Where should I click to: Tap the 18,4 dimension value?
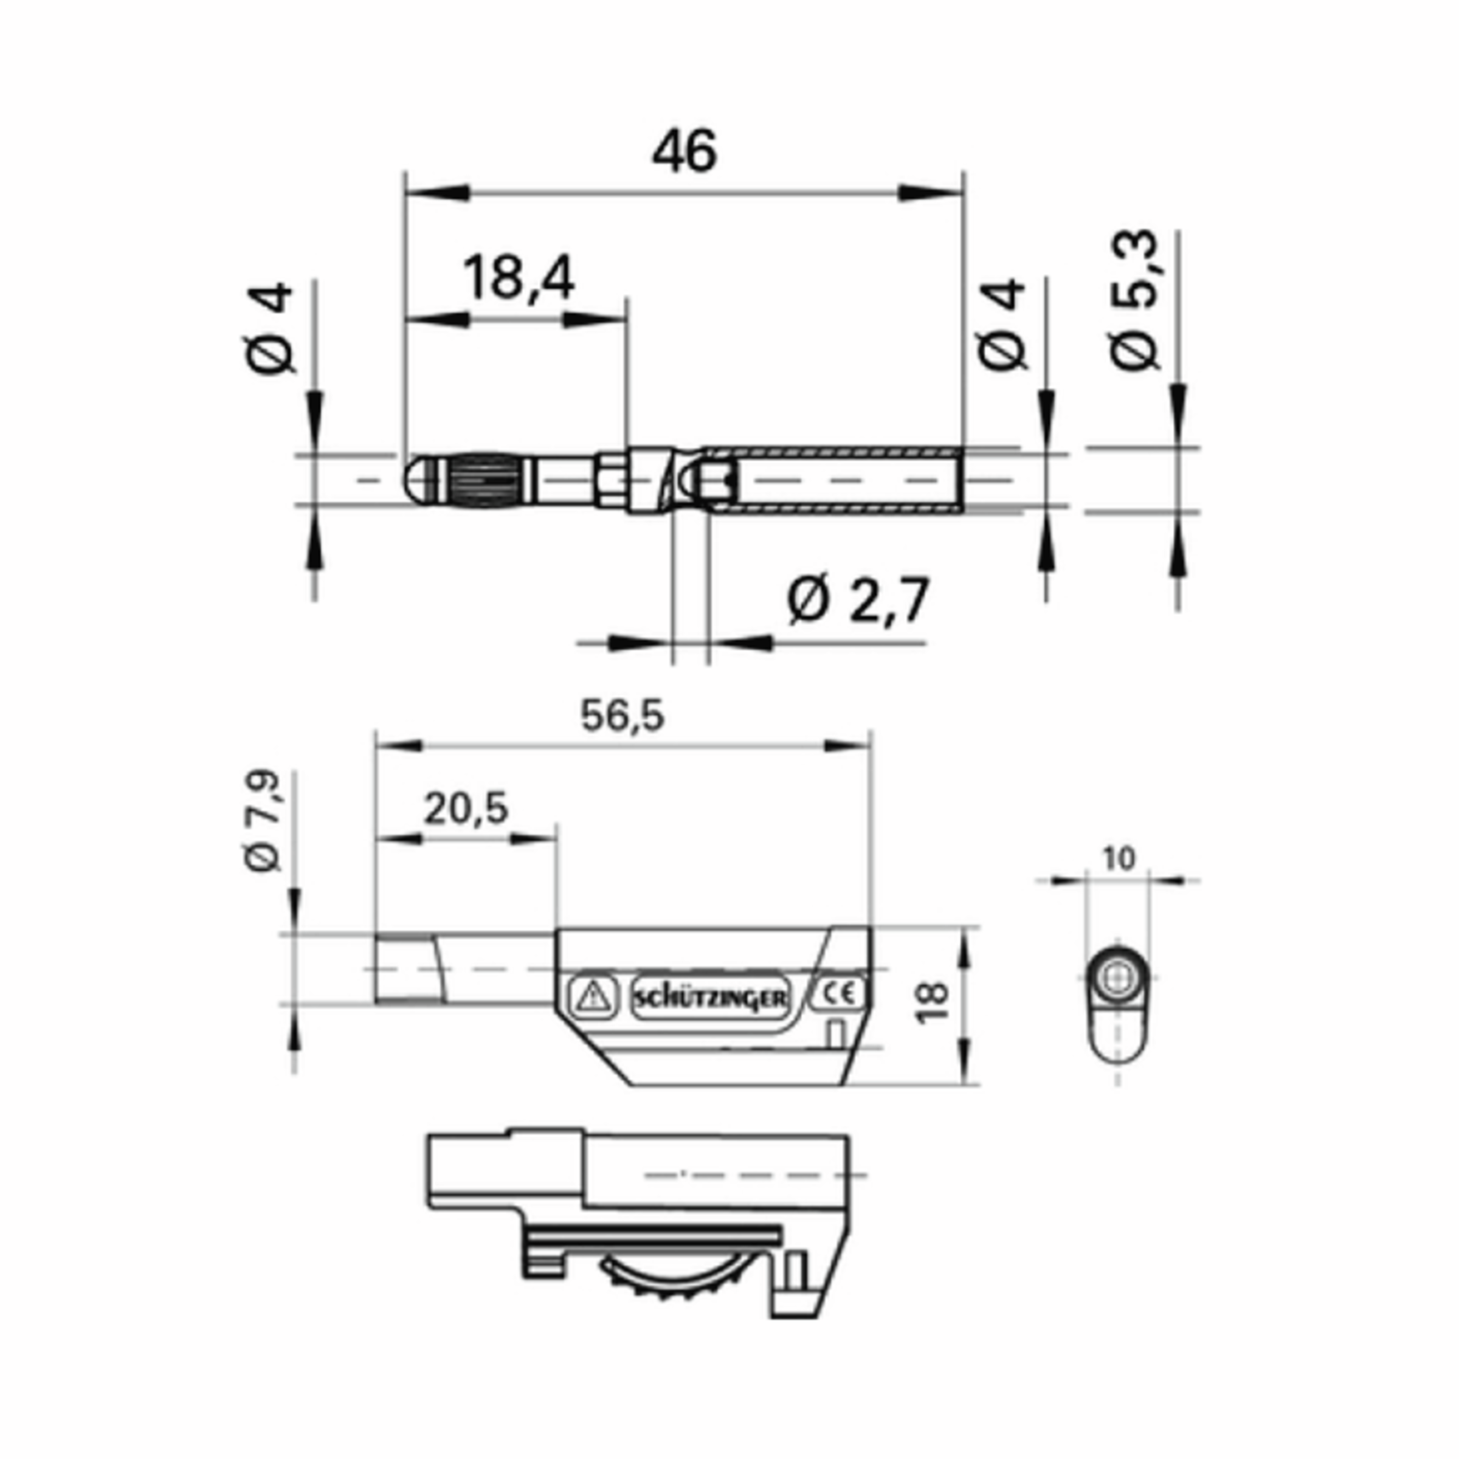pos(518,278)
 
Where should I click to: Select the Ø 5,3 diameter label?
pos(1135,300)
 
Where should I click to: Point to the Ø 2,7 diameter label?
pos(857,601)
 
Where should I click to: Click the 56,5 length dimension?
pos(623,716)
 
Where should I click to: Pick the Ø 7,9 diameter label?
pos(262,822)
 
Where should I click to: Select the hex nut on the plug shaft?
pos(611,480)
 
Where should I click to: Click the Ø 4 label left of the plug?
pos(269,328)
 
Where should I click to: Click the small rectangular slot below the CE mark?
pos(835,1033)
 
